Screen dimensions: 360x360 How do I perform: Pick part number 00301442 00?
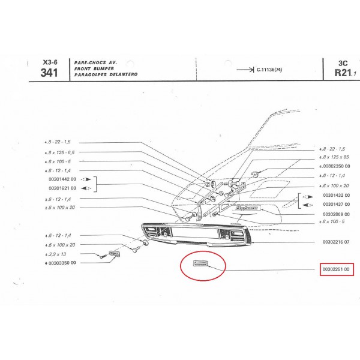pyautogui.click(x=61, y=179)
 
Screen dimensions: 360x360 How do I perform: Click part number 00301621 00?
pyautogui.click(x=61, y=188)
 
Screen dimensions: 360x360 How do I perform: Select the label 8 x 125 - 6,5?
pyautogui.click(x=62, y=153)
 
